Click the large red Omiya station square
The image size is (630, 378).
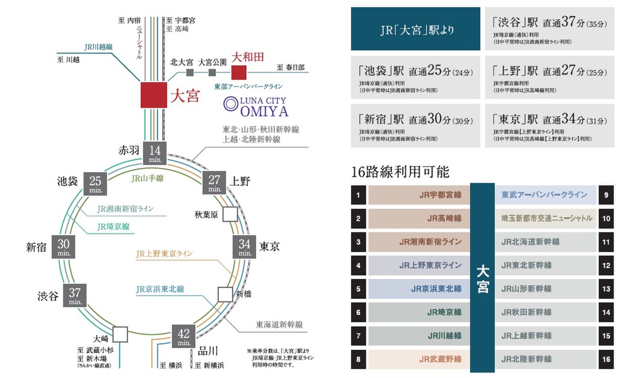tap(153, 95)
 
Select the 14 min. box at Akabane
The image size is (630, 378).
tap(154, 153)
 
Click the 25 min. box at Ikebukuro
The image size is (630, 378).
tap(95, 183)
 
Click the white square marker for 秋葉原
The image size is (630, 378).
tap(230, 214)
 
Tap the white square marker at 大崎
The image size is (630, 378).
tap(120, 334)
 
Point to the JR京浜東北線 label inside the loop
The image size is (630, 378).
tap(160, 289)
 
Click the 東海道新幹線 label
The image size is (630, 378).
tap(279, 325)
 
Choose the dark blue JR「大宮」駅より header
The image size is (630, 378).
tap(416, 29)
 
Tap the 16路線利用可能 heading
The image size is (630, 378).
tap(401, 171)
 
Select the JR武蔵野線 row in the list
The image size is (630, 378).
tap(419, 359)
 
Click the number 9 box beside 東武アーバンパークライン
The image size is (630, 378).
tap(606, 195)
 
